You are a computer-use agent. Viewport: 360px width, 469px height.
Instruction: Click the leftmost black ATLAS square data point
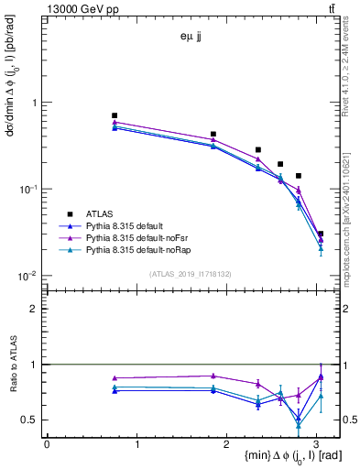pyautogui.click(x=115, y=115)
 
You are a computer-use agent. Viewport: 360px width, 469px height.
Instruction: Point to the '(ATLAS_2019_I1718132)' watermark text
pyautogui.click(x=191, y=274)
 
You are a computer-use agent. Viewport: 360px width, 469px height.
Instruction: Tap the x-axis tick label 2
pyautogui.click(x=228, y=443)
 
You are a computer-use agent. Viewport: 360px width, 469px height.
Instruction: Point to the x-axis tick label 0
pyautogui.click(x=47, y=443)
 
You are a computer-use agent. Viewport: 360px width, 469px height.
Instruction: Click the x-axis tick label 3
pyautogui.click(x=319, y=443)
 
